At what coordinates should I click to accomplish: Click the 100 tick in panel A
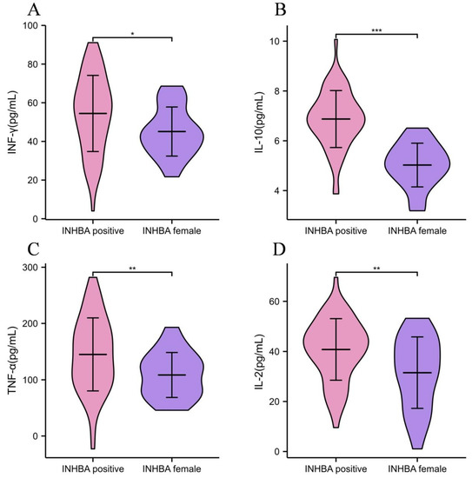pos(35,26)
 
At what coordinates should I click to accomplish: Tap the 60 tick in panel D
pos(283,301)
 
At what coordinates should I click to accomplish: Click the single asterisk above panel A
pos(132,33)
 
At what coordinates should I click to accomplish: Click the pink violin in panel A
pos(92,113)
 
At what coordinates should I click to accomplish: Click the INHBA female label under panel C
pos(172,468)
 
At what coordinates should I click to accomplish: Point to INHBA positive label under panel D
pos(337,468)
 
